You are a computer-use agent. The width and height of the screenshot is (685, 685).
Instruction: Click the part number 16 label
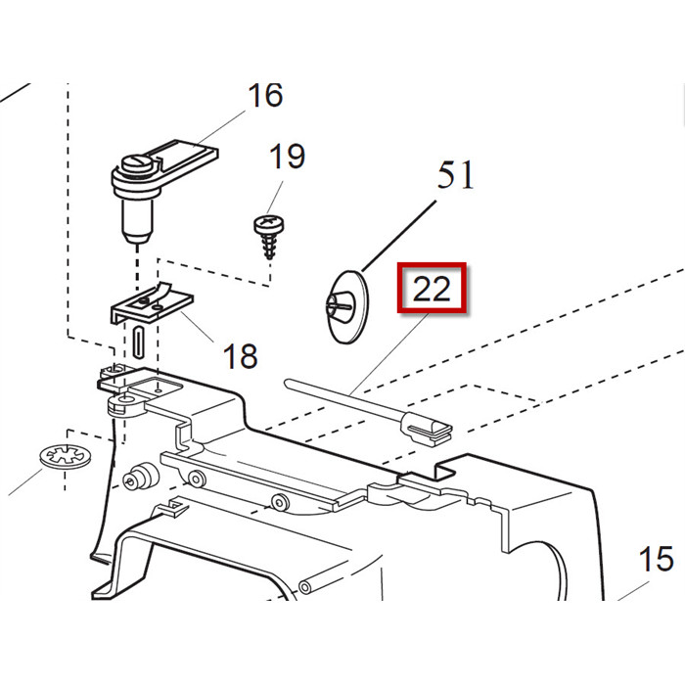point(264,96)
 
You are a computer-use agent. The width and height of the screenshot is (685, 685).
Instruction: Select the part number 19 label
point(287,156)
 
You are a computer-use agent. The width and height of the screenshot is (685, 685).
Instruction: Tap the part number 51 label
point(455,176)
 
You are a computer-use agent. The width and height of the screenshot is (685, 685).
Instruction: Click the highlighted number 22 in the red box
point(432,289)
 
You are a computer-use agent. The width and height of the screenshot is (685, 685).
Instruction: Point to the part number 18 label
point(240,356)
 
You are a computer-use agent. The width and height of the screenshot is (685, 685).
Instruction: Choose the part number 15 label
point(656,560)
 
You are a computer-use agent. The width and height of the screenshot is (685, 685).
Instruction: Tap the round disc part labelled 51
point(343,307)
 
